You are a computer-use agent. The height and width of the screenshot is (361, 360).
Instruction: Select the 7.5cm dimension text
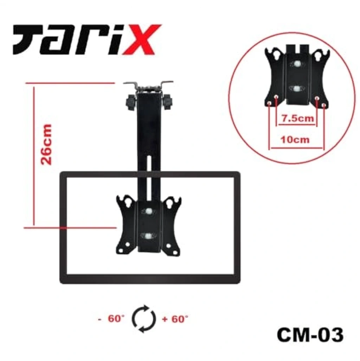click(x=298, y=118)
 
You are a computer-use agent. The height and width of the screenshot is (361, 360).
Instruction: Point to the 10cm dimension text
click(x=295, y=140)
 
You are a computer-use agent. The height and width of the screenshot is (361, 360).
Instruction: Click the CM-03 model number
click(x=310, y=335)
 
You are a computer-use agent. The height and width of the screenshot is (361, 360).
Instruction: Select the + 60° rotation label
click(x=175, y=319)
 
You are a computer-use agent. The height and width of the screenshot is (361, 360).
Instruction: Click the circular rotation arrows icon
click(x=144, y=319)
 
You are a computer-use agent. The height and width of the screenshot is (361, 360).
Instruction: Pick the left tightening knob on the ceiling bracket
click(x=131, y=102)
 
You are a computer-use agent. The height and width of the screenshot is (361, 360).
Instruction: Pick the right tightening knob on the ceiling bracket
click(x=167, y=102)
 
